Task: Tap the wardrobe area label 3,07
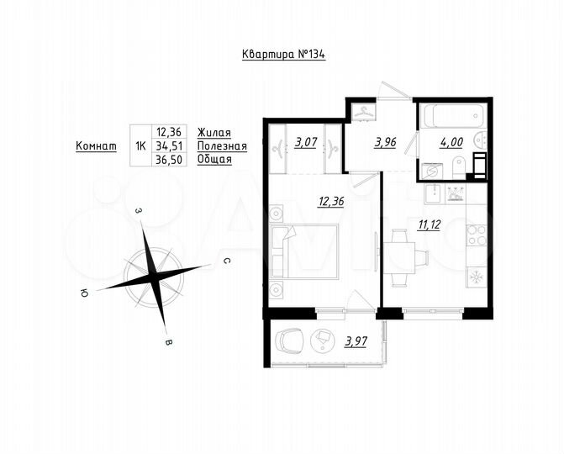(x=304, y=142)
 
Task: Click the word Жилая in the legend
(x=213, y=132)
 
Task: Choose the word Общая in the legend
(x=214, y=159)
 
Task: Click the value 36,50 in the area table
(x=171, y=159)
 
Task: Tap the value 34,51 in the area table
(x=171, y=145)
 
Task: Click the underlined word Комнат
(x=96, y=145)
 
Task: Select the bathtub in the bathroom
(x=452, y=115)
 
